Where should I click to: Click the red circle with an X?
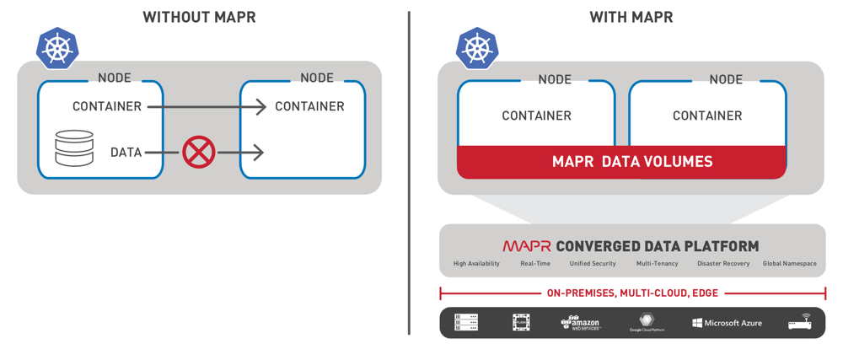coord(199,153)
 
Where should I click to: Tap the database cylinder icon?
coord(74,148)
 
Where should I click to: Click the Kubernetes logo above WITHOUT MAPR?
coord(56,47)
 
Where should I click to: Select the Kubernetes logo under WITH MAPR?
coord(477,47)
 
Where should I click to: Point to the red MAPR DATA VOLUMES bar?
coord(621,161)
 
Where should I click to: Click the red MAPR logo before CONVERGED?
coord(527,246)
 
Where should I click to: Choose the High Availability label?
coord(476,264)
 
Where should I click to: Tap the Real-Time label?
coord(535,264)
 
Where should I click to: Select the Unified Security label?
coord(593,264)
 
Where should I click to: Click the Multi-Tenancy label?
coord(657,264)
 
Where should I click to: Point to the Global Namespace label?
coord(789,264)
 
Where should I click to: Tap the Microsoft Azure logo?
coord(728,323)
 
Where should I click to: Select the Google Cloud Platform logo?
coord(647,323)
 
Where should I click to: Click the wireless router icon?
coord(799,323)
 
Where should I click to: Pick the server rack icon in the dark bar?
coord(466,323)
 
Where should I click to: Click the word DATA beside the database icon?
coord(126,153)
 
